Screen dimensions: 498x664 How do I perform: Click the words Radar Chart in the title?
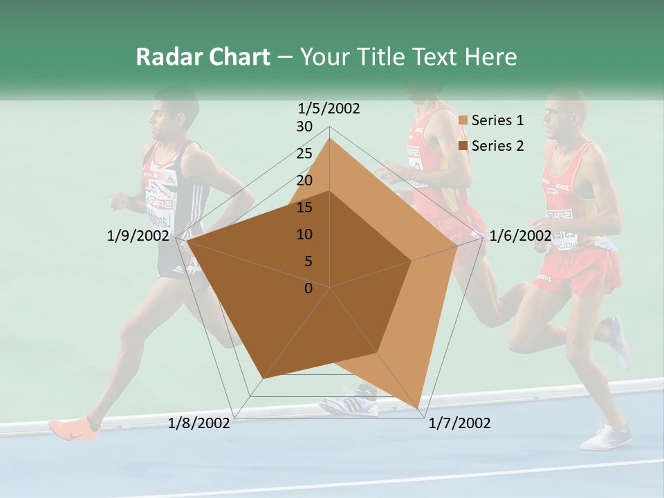(x=203, y=57)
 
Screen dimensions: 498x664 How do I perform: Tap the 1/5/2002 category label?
(x=329, y=108)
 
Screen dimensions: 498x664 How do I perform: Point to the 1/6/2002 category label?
(x=520, y=236)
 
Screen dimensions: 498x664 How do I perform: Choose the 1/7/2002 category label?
(x=459, y=423)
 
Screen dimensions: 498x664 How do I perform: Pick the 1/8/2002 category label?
(x=199, y=423)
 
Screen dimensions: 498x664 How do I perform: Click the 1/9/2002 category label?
(x=138, y=236)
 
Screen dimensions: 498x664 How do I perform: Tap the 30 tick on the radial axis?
(x=304, y=127)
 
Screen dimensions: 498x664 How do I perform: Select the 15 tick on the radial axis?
(x=304, y=207)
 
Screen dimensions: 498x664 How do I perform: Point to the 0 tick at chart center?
(x=308, y=288)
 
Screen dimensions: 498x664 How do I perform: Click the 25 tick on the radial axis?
(x=304, y=154)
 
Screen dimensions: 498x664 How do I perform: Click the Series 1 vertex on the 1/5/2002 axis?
(x=329, y=138)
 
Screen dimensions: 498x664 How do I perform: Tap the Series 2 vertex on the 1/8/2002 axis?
(x=263, y=378)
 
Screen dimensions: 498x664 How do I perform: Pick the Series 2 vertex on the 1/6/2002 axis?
(x=412, y=261)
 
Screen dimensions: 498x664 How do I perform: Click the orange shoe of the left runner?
(x=73, y=427)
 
